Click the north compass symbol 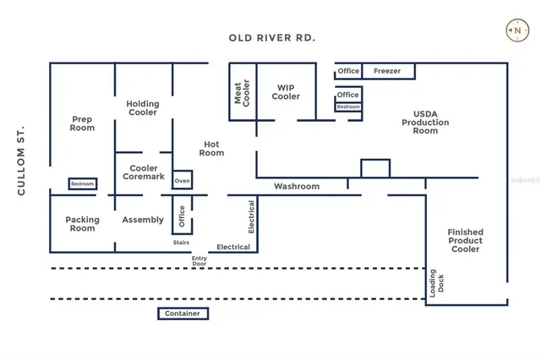tap(516, 30)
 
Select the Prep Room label tap(82, 123)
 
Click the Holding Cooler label tap(143, 108)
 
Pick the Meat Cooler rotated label tap(242, 92)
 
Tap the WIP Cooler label tap(286, 91)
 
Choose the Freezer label tap(387, 72)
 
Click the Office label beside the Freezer tap(348, 72)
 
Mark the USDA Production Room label tap(425, 122)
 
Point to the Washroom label tap(297, 186)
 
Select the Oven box tap(182, 182)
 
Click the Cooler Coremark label tap(143, 172)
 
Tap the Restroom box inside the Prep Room tap(82, 184)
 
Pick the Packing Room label tap(82, 224)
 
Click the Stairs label tap(181, 243)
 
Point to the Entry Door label tap(199, 261)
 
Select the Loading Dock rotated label tap(434, 281)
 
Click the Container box tap(183, 314)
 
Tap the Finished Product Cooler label tap(466, 240)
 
